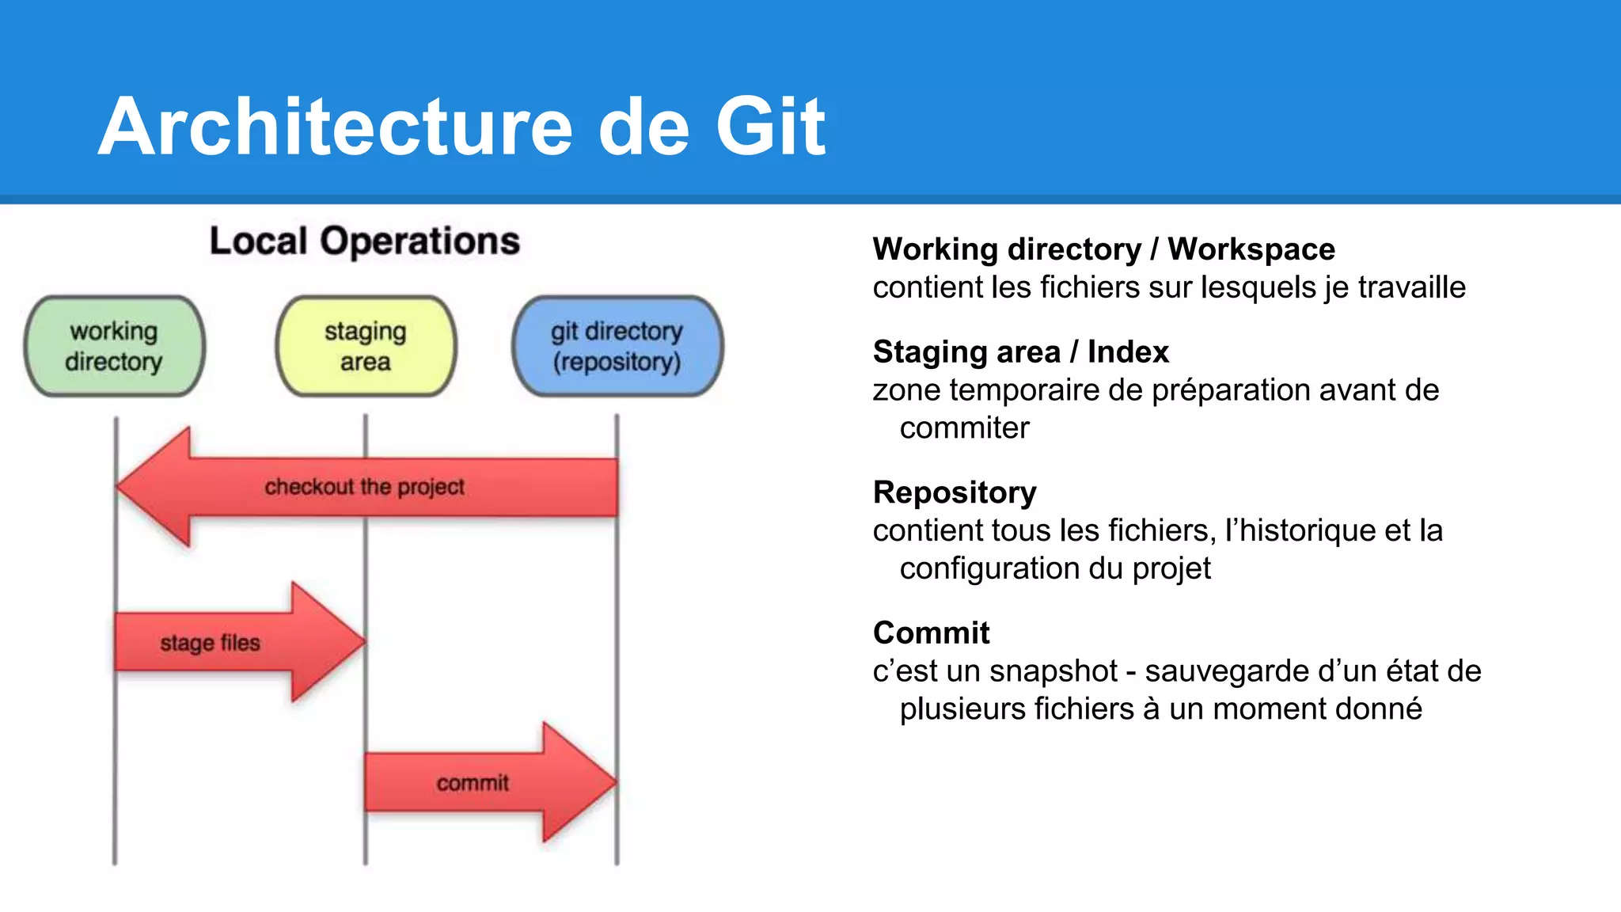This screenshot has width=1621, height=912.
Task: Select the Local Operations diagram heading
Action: [x=364, y=241]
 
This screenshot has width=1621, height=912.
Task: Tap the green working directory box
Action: [x=114, y=346]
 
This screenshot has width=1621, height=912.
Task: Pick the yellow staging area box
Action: [x=366, y=346]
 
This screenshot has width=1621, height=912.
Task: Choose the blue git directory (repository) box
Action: [x=617, y=346]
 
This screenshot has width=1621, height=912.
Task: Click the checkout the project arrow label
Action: [x=364, y=486]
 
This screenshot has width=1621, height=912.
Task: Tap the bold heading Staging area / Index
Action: [x=1020, y=351]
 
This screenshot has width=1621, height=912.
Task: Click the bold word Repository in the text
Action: [x=955, y=492]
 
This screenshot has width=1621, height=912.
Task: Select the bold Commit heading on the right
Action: [x=931, y=633]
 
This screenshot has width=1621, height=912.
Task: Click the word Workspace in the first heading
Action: [x=1251, y=249]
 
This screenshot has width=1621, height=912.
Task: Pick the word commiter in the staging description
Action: [x=964, y=428]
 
